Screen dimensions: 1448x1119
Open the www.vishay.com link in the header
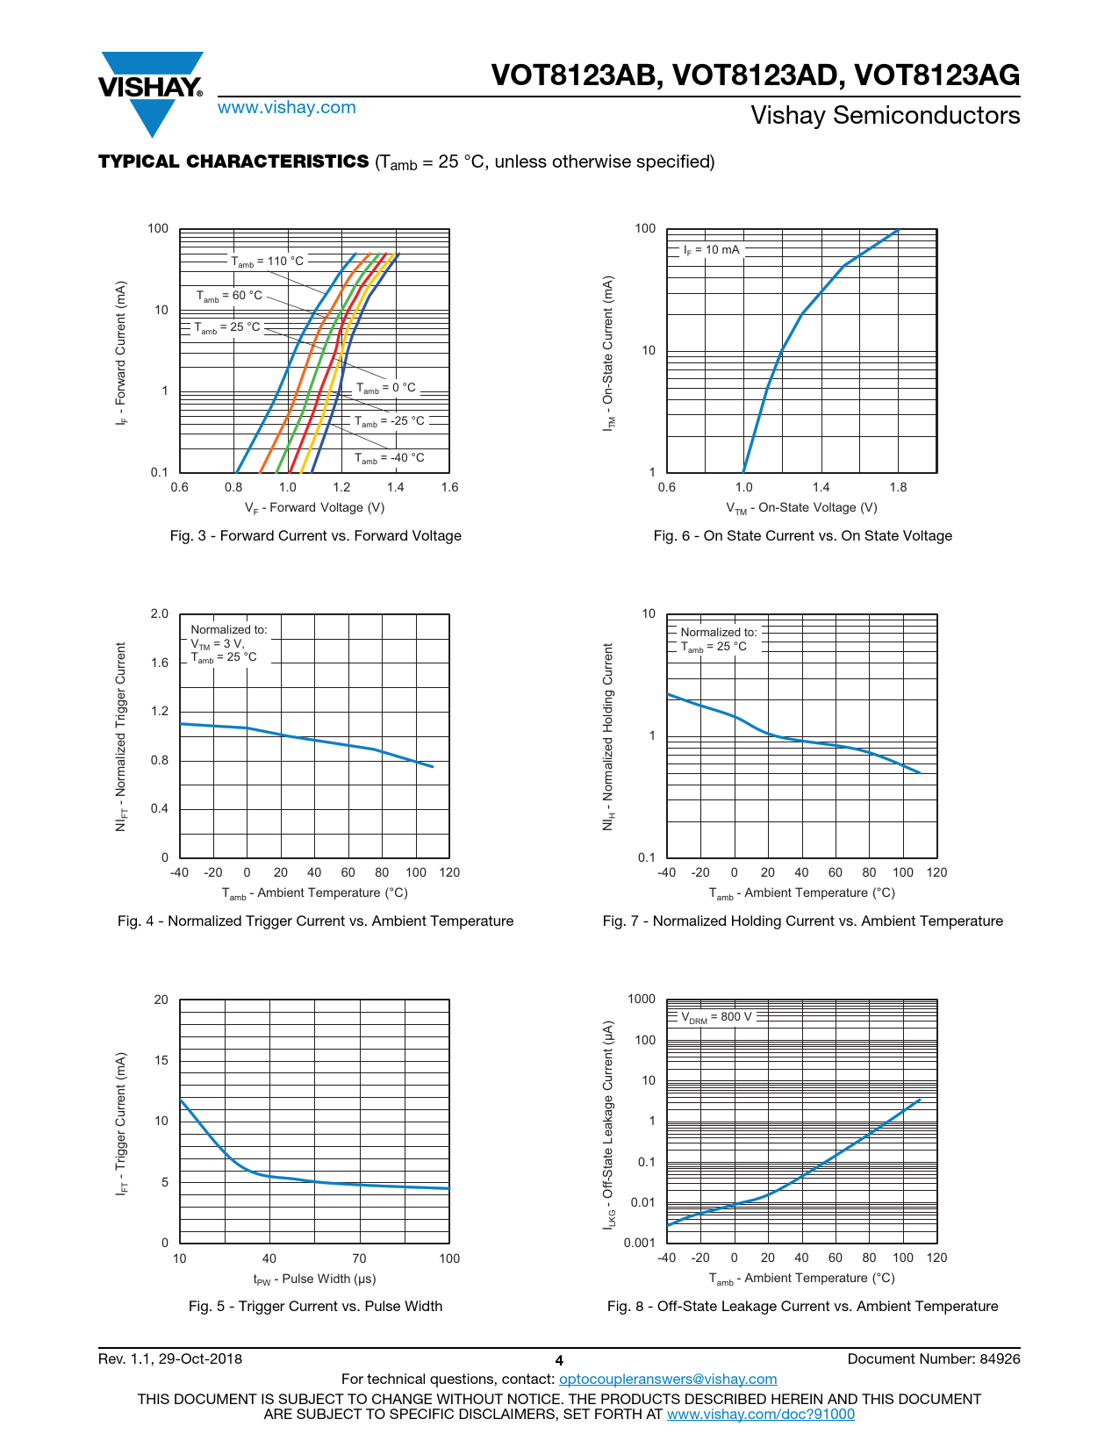pyautogui.click(x=286, y=108)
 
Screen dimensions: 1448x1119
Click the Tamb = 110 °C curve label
pyautogui.click(x=268, y=262)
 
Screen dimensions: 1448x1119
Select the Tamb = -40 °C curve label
pyautogui.click(x=389, y=458)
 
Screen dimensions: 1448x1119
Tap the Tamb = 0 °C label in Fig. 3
pyautogui.click(x=385, y=388)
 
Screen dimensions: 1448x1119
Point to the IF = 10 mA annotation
pyautogui.click(x=711, y=250)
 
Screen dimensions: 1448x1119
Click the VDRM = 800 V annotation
pyautogui.click(x=716, y=1017)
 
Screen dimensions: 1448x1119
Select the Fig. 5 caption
pyautogui.click(x=315, y=1307)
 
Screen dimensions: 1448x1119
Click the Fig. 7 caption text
pyautogui.click(x=802, y=921)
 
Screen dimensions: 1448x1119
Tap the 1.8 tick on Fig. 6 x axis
pyautogui.click(x=898, y=488)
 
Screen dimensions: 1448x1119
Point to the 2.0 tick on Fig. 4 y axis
pyautogui.click(x=159, y=614)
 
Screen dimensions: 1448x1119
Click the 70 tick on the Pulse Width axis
pyautogui.click(x=359, y=1259)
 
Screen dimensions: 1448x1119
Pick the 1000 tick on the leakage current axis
pyautogui.click(x=642, y=1000)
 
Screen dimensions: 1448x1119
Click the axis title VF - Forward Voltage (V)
pyautogui.click(x=314, y=508)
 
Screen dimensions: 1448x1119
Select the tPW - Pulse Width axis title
pyautogui.click(x=314, y=1280)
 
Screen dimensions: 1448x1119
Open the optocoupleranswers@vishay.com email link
pyautogui.click(x=668, y=1380)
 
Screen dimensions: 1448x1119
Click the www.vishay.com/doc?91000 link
pyautogui.click(x=760, y=1415)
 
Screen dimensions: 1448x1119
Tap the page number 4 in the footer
pyautogui.click(x=559, y=1361)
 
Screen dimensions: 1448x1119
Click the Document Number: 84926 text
pyautogui.click(x=934, y=1359)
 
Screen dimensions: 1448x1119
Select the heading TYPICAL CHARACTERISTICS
pyautogui.click(x=233, y=161)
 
